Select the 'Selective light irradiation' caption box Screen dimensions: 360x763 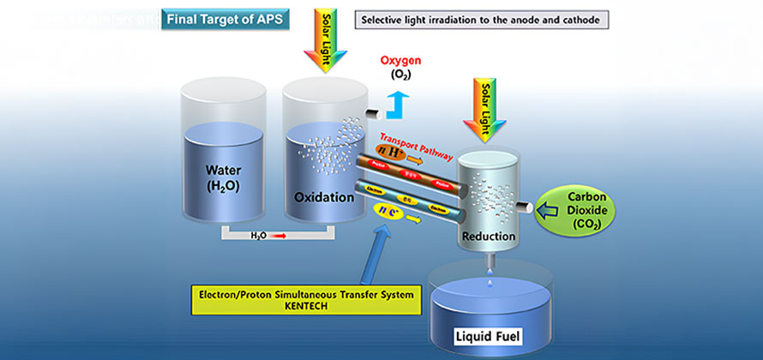coord(481,19)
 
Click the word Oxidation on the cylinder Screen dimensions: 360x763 coord(324,197)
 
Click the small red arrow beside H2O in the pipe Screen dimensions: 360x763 coord(279,235)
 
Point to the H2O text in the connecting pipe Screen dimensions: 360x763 coord(260,235)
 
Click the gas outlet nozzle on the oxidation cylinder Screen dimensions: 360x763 coord(375,116)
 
